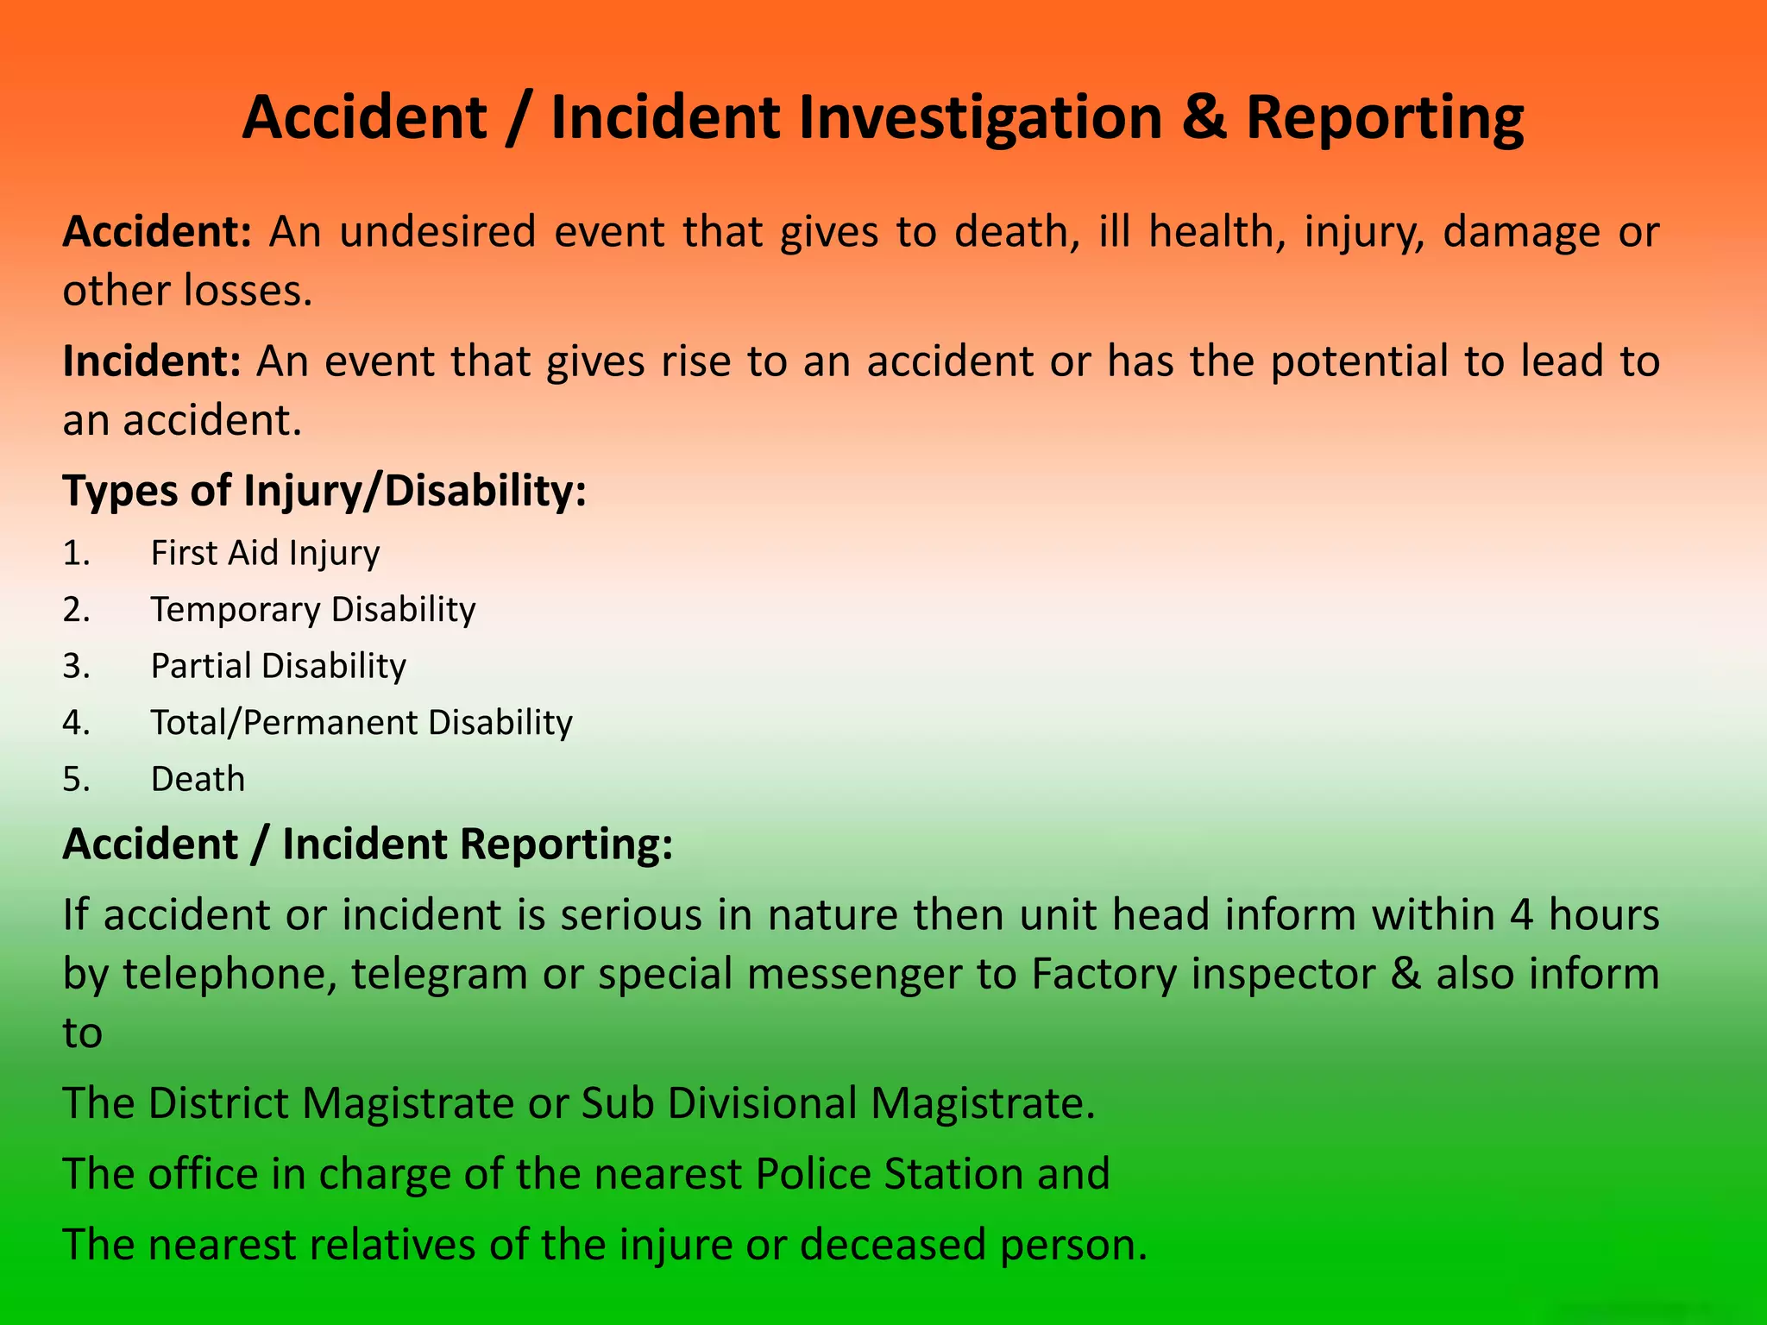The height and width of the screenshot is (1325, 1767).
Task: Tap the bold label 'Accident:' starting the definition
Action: coord(156,231)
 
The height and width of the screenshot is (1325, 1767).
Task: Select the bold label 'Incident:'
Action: coord(151,361)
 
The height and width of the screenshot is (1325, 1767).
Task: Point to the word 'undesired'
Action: coord(437,231)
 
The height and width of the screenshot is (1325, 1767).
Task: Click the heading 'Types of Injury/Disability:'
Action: coord(324,490)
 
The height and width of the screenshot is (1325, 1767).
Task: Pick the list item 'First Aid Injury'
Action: coord(265,553)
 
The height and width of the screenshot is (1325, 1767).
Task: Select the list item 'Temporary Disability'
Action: coord(313,609)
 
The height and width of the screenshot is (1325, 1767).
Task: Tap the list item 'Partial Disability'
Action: coord(278,666)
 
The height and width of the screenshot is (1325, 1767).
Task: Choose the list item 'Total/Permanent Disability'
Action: coord(362,722)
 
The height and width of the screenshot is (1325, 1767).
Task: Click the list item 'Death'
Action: coord(198,779)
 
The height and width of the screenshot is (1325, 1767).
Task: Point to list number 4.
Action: coord(76,722)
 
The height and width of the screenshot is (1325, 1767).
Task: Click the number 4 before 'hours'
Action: coord(1522,914)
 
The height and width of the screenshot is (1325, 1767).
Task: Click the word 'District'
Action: coord(217,1103)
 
